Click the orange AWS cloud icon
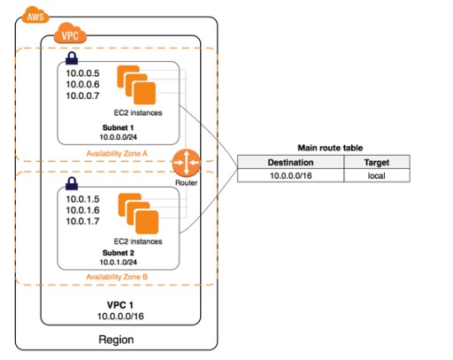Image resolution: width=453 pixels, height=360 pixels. click(x=35, y=15)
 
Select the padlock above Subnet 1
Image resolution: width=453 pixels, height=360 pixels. click(x=72, y=57)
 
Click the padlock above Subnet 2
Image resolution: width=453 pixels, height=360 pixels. click(x=72, y=183)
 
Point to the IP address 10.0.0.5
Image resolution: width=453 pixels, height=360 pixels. click(x=82, y=73)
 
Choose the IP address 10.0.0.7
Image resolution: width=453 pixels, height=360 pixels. click(x=82, y=96)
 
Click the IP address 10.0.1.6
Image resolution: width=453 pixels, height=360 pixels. click(x=82, y=210)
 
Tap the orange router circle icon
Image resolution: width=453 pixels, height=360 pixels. click(x=186, y=163)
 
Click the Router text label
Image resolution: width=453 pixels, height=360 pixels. click(x=186, y=183)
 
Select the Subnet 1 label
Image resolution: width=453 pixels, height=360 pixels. click(x=118, y=127)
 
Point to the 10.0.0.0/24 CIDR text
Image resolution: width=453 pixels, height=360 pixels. click(x=118, y=137)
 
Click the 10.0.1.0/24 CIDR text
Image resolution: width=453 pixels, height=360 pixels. click(x=118, y=262)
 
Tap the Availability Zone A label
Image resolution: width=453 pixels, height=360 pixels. click(x=117, y=154)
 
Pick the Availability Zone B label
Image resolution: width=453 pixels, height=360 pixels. click(x=117, y=277)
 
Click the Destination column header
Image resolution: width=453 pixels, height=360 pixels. click(x=290, y=163)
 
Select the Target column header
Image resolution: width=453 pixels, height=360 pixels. click(x=377, y=163)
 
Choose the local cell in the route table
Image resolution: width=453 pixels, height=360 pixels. click(x=377, y=176)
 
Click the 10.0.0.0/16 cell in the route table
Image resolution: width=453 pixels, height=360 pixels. click(x=291, y=176)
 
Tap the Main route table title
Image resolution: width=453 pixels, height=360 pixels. click(x=330, y=148)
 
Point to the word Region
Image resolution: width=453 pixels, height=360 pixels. click(x=116, y=340)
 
